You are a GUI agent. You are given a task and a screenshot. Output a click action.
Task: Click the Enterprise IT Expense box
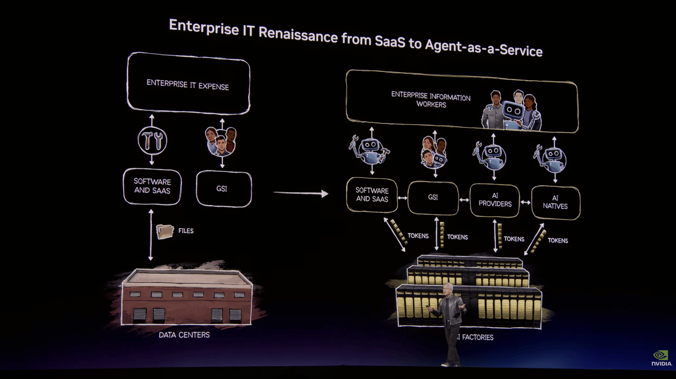tap(188, 84)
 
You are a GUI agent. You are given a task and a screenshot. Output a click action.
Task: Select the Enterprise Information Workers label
tap(431, 100)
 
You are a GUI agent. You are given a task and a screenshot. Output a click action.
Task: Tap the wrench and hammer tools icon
tap(152, 140)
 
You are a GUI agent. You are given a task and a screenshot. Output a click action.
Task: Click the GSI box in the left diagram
tap(223, 188)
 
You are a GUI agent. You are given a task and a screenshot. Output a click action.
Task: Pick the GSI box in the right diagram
tap(433, 197)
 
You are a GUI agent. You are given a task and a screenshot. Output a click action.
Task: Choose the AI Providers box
tap(495, 200)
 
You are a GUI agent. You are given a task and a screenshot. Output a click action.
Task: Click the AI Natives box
tap(555, 202)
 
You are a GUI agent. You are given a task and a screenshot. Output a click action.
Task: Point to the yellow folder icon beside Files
tap(165, 231)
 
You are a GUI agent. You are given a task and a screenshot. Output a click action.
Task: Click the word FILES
tap(186, 231)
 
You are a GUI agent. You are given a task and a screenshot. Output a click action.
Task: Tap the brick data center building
tap(186, 298)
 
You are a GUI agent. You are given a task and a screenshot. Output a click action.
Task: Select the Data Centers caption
tap(184, 335)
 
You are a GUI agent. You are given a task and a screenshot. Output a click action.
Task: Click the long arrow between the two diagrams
tap(301, 193)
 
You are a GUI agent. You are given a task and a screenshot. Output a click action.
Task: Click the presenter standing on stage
tap(449, 322)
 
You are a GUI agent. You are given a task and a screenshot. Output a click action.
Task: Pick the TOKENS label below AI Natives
tap(558, 240)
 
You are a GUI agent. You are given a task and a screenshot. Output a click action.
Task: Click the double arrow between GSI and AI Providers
tap(464, 200)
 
